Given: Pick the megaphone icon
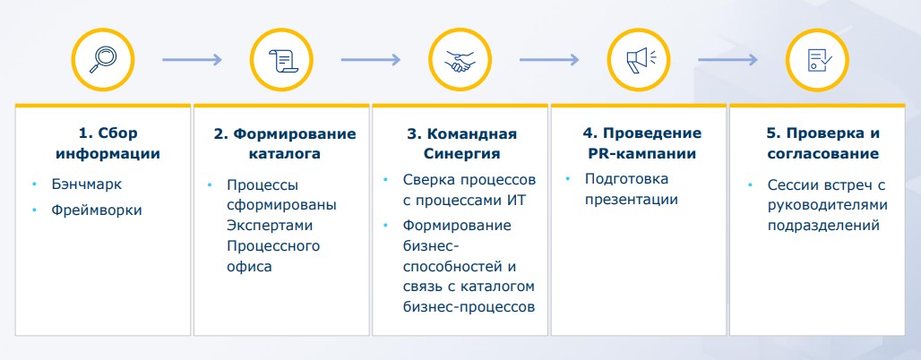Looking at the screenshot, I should point(639,60).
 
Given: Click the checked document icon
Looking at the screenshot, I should point(816,60).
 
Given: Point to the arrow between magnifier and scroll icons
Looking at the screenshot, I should point(191,60).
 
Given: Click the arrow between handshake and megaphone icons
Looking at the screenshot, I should point(548,60).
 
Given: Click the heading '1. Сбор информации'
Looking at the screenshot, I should point(108,143).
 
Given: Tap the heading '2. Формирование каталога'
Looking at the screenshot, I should point(284,143).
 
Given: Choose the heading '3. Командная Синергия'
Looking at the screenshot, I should point(461,143).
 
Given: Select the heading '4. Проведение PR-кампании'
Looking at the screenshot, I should point(641,143).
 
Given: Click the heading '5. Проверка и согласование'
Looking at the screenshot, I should point(822,143).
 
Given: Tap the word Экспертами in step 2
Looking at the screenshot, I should point(262,225).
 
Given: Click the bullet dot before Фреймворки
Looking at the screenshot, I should point(34,210).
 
